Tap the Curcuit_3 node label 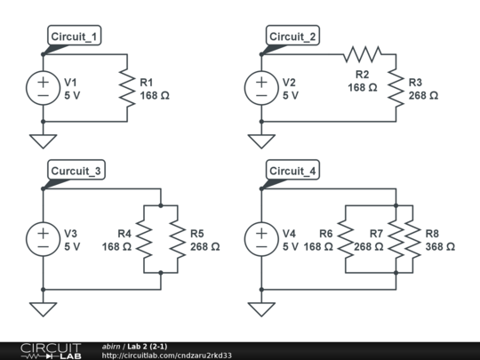[x=76, y=171]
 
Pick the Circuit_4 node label [x=292, y=171]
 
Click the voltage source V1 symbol [x=43, y=88]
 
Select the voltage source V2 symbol [x=261, y=88]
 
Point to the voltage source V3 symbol [x=43, y=239]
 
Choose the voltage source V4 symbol [x=261, y=239]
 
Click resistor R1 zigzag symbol [x=127, y=88]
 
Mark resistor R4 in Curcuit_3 [x=142, y=239]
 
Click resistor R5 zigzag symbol [x=178, y=239]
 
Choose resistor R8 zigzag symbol [x=414, y=239]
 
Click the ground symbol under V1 [x=43, y=140]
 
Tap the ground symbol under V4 [x=261, y=308]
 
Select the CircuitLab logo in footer [x=51, y=350]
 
